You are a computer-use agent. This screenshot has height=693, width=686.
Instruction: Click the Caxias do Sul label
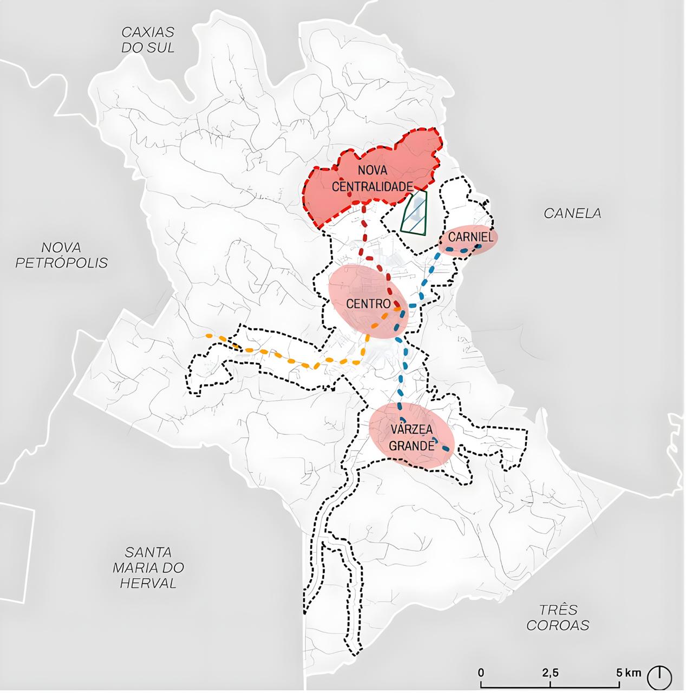pyautogui.click(x=147, y=40)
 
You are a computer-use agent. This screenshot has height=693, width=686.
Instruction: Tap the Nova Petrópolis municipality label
pyautogui.click(x=61, y=255)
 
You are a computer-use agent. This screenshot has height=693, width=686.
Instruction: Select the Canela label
pyautogui.click(x=572, y=213)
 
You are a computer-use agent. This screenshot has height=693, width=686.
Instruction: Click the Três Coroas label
pyautogui.click(x=558, y=617)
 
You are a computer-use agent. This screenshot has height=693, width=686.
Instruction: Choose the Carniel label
pyautogui.click(x=471, y=237)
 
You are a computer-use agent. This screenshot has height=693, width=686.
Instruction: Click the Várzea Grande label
pyautogui.click(x=411, y=437)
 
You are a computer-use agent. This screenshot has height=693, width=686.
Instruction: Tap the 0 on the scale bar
pyautogui.click(x=481, y=673)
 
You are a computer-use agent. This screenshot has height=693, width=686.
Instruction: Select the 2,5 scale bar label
pyautogui.click(x=550, y=673)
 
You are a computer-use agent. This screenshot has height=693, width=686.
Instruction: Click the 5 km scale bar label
pyautogui.click(x=629, y=673)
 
